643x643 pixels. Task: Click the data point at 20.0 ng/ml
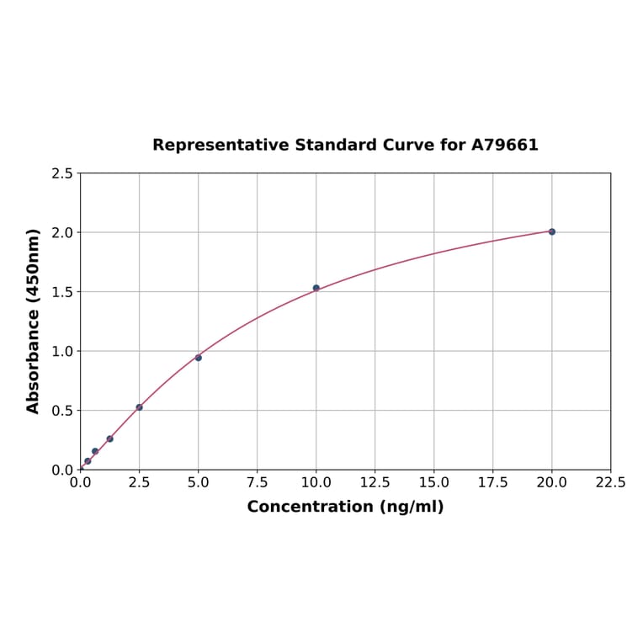pos(552,231)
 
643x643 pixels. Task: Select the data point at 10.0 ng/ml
pos(316,288)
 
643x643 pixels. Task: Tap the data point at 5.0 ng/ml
pos(199,358)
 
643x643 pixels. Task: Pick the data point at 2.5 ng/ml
pos(140,407)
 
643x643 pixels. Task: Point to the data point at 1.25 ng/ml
pos(109,438)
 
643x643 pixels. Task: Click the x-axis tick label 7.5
pos(257,483)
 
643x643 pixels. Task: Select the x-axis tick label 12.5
pos(375,483)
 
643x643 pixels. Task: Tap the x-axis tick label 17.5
pos(492,483)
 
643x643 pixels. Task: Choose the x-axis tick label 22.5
pos(610,483)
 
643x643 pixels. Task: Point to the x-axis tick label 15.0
pos(433,483)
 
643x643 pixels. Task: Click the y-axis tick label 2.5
pos(61,173)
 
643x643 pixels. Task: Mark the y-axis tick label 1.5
pos(61,292)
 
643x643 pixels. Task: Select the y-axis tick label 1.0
pos(61,351)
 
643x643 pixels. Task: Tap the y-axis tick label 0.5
pos(61,411)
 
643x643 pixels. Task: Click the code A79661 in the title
pos(504,145)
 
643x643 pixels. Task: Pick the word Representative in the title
pos(221,145)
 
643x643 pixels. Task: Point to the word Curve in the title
pos(408,145)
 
